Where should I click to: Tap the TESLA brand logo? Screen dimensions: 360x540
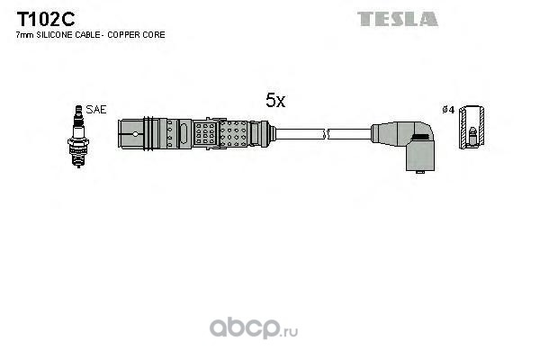click(397, 18)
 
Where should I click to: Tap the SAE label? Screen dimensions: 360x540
click(97, 109)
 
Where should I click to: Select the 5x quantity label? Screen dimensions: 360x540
click(274, 102)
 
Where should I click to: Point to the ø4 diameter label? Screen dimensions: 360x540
click(447, 110)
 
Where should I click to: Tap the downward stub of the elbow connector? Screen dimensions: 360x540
click(418, 159)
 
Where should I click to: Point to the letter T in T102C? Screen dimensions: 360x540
click(20, 18)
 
